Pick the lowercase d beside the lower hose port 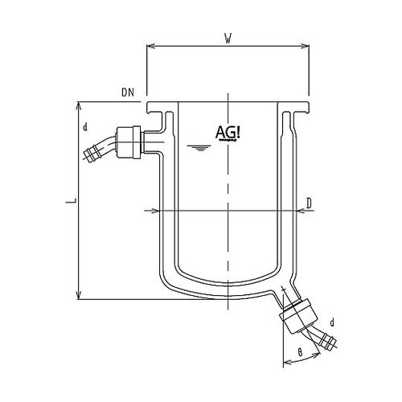tap(331, 322)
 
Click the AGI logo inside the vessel tap(230, 133)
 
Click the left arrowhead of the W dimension tap(150, 46)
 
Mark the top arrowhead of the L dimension tap(78, 106)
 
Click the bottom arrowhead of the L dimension tap(78, 295)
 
